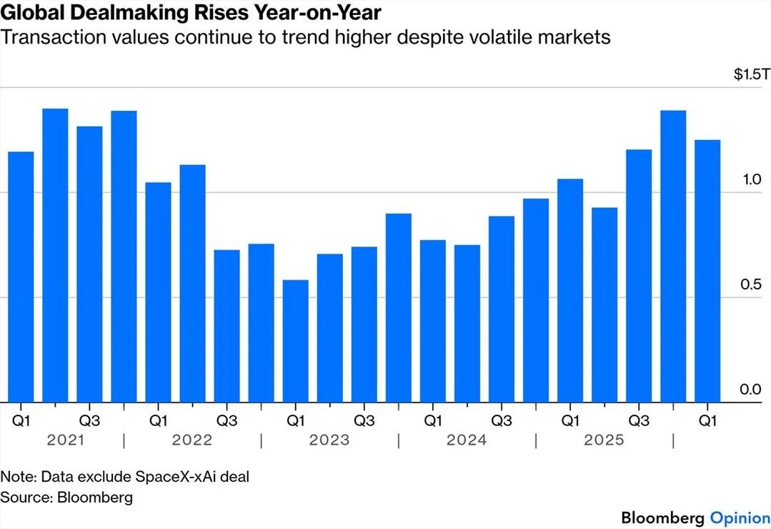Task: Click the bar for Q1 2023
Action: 295,341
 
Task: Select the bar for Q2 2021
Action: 55,255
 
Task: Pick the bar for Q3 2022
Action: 227,326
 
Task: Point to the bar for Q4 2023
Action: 398,307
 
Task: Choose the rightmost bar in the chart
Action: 707,271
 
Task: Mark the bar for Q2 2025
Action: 605,305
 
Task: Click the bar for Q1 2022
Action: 158,292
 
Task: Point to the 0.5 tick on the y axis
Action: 750,285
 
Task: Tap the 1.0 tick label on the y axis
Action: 750,179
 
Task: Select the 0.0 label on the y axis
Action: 750,390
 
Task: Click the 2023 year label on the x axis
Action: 329,440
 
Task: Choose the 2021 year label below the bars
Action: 66,440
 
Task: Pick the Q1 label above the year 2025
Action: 569,420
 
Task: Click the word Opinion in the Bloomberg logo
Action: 740,517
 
